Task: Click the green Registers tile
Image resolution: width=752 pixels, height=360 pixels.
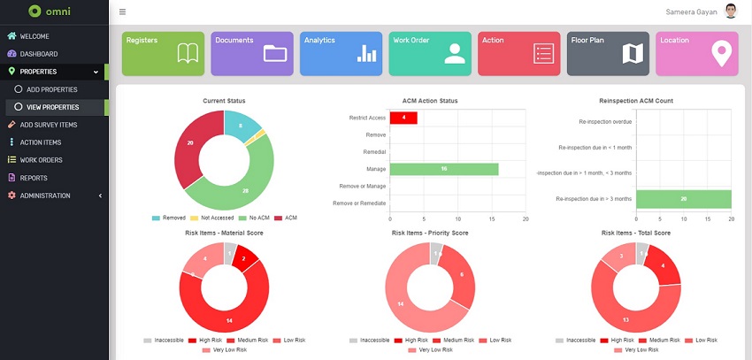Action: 163,53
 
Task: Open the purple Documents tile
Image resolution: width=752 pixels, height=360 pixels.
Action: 251,53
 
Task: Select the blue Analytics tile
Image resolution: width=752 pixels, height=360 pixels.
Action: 341,53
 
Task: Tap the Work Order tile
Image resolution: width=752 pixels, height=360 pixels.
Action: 430,53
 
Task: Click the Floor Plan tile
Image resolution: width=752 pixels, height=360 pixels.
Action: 608,53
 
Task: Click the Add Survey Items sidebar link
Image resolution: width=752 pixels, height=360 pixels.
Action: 48,125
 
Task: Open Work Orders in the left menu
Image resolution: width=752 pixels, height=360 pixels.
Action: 41,160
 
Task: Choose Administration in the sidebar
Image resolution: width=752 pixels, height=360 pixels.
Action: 45,195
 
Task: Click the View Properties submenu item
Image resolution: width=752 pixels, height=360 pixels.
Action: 52,107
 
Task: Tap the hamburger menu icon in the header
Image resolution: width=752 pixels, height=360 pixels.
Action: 122,12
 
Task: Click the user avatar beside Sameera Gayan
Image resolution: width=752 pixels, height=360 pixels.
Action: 730,11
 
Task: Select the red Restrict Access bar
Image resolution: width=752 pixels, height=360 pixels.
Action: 403,118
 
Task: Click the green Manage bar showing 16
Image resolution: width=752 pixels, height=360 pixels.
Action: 444,169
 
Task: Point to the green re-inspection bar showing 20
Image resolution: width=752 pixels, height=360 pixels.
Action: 683,199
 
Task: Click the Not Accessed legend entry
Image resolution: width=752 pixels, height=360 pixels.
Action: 215,217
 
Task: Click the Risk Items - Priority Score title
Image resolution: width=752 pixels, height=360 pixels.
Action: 429,233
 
